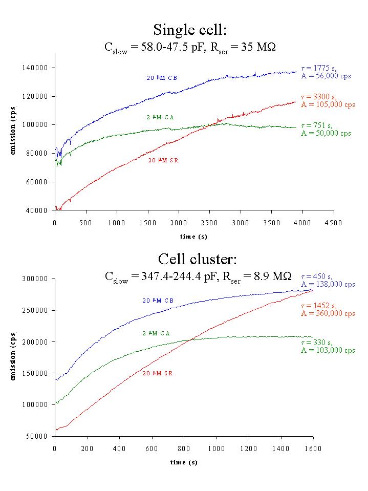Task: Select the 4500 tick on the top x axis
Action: pyautogui.click(x=334, y=223)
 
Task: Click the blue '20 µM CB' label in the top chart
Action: pyautogui.click(x=162, y=78)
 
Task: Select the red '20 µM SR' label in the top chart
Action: pyautogui.click(x=163, y=160)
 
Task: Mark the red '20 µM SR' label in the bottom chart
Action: pyautogui.click(x=158, y=374)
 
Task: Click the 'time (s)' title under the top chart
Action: pyautogui.click(x=193, y=237)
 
